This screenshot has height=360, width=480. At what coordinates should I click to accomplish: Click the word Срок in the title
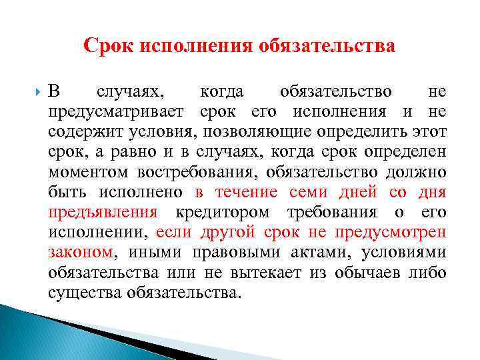(107, 46)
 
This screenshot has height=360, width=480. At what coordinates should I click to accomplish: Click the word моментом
(90, 173)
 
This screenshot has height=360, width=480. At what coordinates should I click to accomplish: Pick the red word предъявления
(103, 213)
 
